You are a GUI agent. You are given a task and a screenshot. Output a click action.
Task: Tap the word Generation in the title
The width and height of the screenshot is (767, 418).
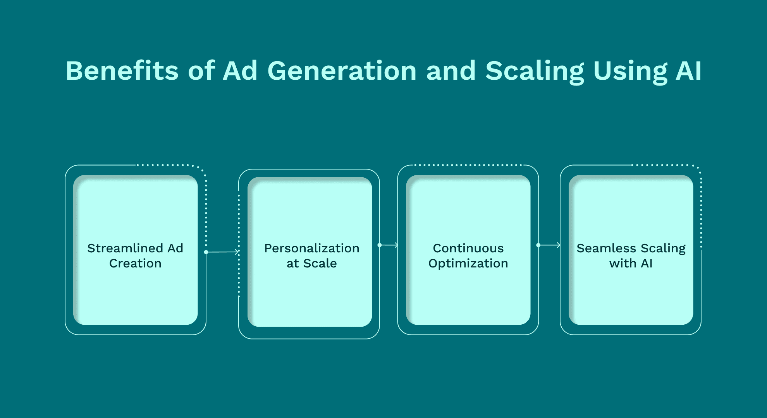coord(342,71)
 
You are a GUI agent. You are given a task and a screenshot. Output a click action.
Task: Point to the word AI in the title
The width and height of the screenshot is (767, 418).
coord(689,71)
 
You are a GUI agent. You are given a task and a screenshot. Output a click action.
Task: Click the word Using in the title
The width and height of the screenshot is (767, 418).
coord(630,72)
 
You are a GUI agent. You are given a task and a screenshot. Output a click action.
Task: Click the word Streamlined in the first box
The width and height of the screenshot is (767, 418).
coord(125,248)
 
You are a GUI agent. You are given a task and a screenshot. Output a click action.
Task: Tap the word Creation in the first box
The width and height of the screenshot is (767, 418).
coord(135,263)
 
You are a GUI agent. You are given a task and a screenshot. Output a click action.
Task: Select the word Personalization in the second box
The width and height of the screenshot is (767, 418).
coord(312,248)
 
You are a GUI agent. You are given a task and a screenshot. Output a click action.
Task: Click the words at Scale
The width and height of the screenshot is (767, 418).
coord(312,263)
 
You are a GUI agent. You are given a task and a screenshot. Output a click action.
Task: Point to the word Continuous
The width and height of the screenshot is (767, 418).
coord(468,248)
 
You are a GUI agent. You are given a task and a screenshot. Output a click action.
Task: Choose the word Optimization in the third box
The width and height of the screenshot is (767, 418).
coord(468,264)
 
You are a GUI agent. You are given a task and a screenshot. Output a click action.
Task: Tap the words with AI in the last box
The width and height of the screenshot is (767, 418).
coord(631,263)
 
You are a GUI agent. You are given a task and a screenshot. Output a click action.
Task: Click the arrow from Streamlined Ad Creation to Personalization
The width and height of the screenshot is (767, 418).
coord(223,252)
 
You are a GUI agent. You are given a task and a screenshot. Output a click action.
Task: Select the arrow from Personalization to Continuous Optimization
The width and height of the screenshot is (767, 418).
coord(388,245)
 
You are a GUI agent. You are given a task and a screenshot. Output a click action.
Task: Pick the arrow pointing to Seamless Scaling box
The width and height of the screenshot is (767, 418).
coord(549,245)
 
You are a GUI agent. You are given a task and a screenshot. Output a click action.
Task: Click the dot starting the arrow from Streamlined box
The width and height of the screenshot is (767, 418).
coord(206,252)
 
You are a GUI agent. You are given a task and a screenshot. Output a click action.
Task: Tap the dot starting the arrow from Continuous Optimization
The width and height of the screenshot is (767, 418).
coord(538,245)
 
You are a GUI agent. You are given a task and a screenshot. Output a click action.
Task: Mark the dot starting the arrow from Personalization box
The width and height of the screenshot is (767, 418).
coord(380,245)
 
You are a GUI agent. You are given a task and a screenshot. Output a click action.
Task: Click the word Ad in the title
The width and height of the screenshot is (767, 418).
coord(240,71)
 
